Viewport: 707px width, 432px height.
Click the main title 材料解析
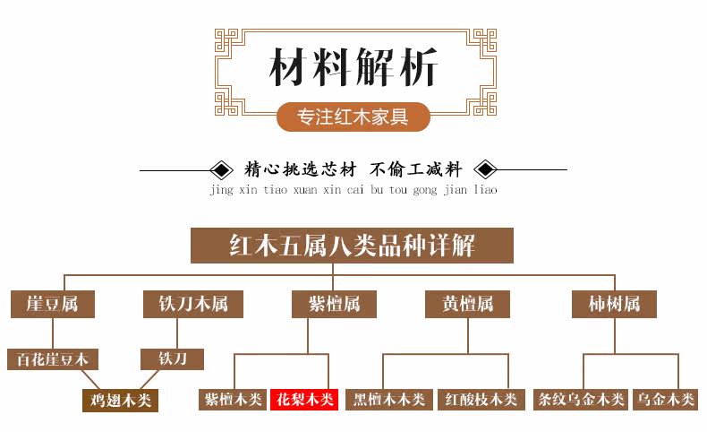353,69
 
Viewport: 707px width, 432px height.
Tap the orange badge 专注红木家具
353,117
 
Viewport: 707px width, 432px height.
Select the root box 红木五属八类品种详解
352,246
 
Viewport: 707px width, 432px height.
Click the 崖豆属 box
52,304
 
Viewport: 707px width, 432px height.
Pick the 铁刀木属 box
186,304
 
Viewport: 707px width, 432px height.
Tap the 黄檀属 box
467,304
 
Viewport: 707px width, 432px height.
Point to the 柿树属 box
614,304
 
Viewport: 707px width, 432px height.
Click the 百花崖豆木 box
53,359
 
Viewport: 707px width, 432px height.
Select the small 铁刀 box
173,359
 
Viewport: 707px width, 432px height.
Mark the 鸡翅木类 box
120,400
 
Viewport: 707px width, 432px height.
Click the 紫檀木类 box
233,399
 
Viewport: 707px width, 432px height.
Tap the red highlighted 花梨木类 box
304,399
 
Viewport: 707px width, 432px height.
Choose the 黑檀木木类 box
389,399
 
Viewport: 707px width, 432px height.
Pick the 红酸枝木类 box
481,399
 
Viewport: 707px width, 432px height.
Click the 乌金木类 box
664,399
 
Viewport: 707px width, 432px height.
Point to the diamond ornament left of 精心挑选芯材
218,169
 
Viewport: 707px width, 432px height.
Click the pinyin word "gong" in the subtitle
428,190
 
